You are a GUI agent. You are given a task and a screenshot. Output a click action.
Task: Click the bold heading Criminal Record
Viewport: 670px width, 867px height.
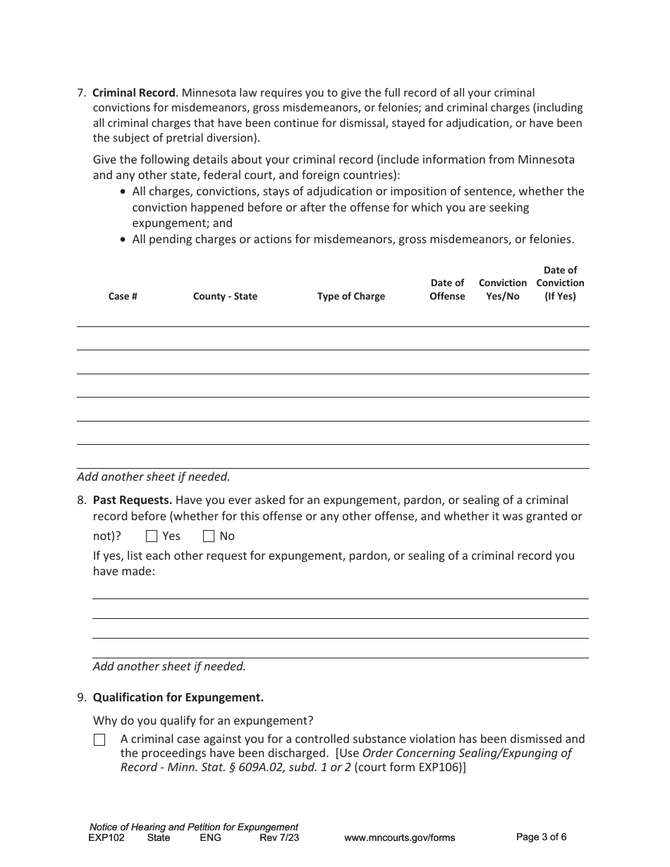pyautogui.click(x=134, y=92)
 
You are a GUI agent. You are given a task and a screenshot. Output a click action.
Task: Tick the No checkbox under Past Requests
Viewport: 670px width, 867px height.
pyautogui.click(x=209, y=536)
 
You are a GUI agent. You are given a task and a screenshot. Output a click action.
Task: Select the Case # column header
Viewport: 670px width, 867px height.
pyautogui.click(x=123, y=296)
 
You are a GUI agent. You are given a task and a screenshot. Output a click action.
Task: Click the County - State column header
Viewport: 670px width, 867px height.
pyautogui.click(x=225, y=296)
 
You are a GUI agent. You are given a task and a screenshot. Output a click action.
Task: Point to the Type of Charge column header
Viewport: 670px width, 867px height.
pyautogui.click(x=351, y=296)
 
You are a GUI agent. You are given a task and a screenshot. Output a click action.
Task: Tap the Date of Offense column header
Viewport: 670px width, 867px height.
pyautogui.click(x=447, y=290)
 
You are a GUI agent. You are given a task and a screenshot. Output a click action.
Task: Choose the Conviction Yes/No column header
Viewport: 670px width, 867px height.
pyautogui.click(x=502, y=290)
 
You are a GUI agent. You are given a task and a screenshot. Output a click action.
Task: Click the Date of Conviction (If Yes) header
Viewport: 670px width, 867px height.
pyautogui.click(x=560, y=283)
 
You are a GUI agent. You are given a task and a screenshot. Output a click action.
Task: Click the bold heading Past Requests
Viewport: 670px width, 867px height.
pyautogui.click(x=133, y=500)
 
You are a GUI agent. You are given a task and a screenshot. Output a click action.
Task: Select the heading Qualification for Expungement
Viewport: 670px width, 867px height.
pyautogui.click(x=178, y=698)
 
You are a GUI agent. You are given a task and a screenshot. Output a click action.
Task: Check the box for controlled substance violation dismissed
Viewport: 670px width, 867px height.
pyautogui.click(x=99, y=740)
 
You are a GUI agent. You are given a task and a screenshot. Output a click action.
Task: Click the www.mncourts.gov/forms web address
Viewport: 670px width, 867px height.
pyautogui.click(x=399, y=838)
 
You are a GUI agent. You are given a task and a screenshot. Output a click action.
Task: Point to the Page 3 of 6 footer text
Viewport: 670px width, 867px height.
pyautogui.click(x=541, y=837)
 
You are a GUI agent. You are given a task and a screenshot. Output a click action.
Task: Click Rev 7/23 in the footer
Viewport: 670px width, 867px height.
pyautogui.click(x=279, y=838)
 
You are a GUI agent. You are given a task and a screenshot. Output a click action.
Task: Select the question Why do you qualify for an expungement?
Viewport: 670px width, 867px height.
pyautogui.click(x=203, y=721)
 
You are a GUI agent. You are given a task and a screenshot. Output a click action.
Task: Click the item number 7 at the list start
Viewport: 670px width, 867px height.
pyautogui.click(x=82, y=92)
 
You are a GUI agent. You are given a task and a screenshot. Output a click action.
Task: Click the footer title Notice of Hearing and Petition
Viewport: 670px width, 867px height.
pyautogui.click(x=194, y=827)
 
